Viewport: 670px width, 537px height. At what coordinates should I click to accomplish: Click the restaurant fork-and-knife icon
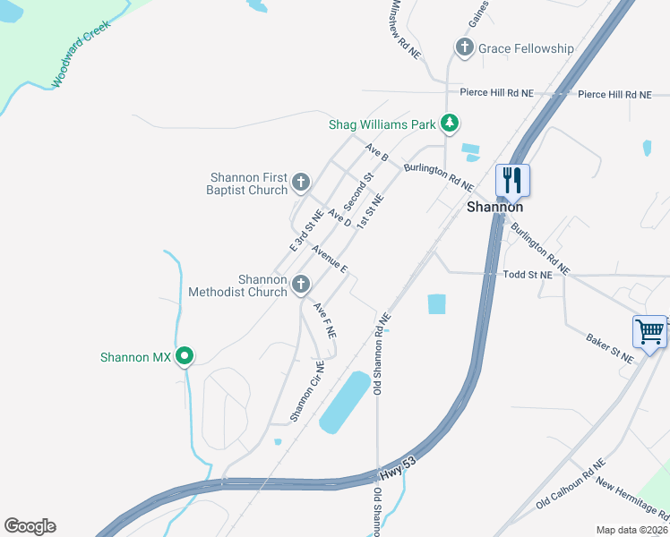[512, 180]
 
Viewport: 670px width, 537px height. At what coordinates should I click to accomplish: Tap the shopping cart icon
[650, 331]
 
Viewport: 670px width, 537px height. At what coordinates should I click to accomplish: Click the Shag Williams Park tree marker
[452, 124]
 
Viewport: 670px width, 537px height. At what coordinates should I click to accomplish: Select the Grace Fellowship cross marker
[464, 48]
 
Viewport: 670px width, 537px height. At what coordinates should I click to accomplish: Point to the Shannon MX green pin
[185, 357]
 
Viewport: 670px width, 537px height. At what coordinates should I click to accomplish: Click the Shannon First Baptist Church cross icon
[301, 183]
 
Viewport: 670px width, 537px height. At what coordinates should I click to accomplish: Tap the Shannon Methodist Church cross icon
[301, 286]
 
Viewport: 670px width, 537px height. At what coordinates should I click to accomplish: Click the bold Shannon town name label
[495, 207]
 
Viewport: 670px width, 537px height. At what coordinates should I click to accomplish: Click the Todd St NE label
[528, 276]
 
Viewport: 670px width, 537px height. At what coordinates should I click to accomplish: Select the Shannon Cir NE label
[306, 391]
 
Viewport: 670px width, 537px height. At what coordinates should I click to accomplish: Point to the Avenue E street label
[329, 258]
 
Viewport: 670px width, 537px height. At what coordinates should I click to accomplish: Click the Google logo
[30, 526]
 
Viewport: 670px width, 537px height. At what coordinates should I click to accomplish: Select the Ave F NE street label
[324, 320]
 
